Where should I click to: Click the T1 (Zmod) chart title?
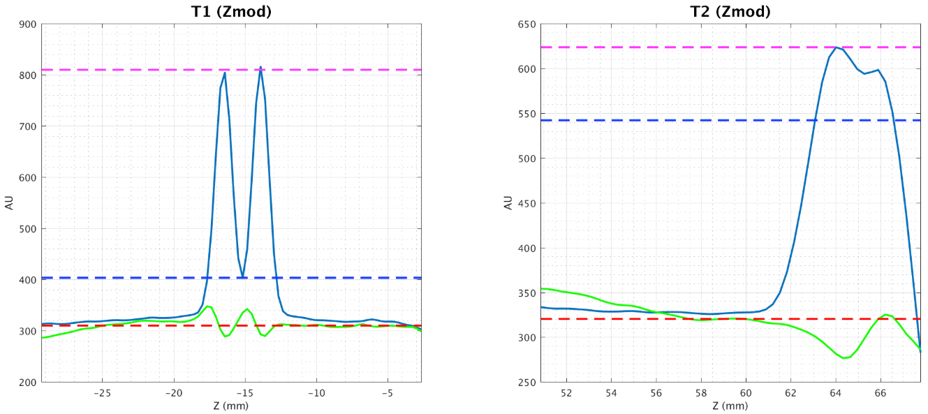[231, 11]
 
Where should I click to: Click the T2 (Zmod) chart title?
[730, 11]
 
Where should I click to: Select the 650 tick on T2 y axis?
[526, 24]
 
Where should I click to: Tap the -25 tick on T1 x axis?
[102, 392]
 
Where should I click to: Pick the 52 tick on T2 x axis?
[566, 392]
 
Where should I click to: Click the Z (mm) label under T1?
[231, 406]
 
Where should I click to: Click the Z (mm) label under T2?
[730, 406]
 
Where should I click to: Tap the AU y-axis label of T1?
[8, 203]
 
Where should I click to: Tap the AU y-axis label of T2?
[507, 203]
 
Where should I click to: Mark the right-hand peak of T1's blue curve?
[260, 67]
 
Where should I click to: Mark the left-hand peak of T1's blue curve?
[225, 72]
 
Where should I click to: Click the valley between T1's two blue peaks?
[242, 276]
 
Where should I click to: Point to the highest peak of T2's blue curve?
[837, 47]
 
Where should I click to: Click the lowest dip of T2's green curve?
[844, 358]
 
